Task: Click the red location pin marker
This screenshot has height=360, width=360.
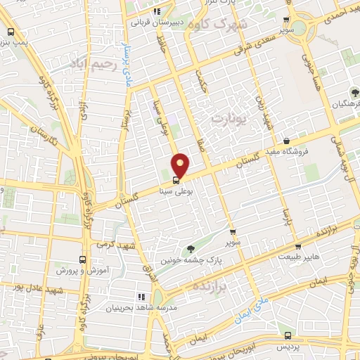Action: pos(181,166)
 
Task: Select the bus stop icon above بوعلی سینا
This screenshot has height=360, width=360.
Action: pos(176,179)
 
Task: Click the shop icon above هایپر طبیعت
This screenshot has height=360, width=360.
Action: pos(299,247)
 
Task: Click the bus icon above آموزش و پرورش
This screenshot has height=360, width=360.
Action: pos(83,259)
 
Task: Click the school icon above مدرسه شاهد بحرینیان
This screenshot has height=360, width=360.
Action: pos(141,297)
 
